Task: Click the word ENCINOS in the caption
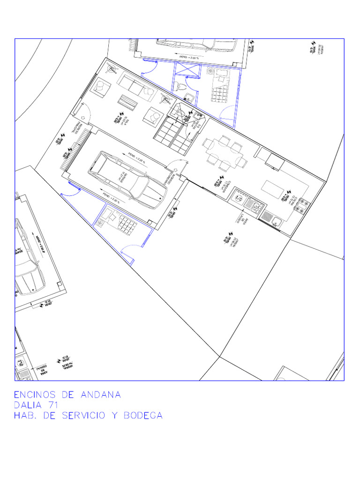point(36,395)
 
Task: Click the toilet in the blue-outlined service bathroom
point(181,86)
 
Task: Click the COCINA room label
point(292,202)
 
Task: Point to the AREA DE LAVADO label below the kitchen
point(241,220)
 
